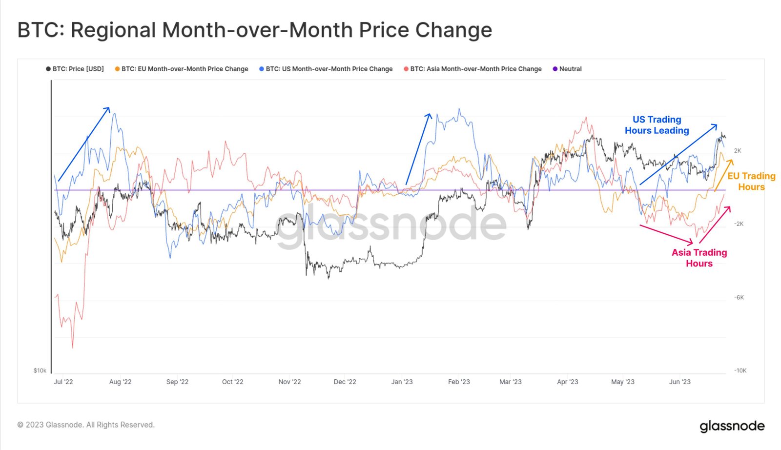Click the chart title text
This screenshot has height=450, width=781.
[x=254, y=30]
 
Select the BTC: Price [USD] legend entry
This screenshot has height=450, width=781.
[x=75, y=69]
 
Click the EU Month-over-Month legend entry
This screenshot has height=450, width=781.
[x=182, y=69]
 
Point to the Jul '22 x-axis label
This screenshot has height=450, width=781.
[x=63, y=382]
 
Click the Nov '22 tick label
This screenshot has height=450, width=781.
[x=289, y=382]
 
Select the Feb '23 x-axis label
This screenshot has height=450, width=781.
[x=459, y=382]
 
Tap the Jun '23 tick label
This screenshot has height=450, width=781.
[x=679, y=382]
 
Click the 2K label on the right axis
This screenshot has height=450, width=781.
[x=737, y=151]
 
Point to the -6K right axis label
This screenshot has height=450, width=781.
[x=739, y=297]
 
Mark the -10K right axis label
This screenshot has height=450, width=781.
[x=740, y=370]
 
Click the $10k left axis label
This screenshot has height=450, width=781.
[x=40, y=370]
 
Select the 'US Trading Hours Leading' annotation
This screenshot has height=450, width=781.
[x=657, y=125]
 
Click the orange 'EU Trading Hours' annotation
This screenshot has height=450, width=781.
[x=751, y=181]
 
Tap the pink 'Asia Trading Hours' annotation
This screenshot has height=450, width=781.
[x=699, y=258]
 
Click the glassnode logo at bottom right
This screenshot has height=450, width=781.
[x=732, y=426]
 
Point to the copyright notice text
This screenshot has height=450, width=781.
[x=86, y=425]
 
